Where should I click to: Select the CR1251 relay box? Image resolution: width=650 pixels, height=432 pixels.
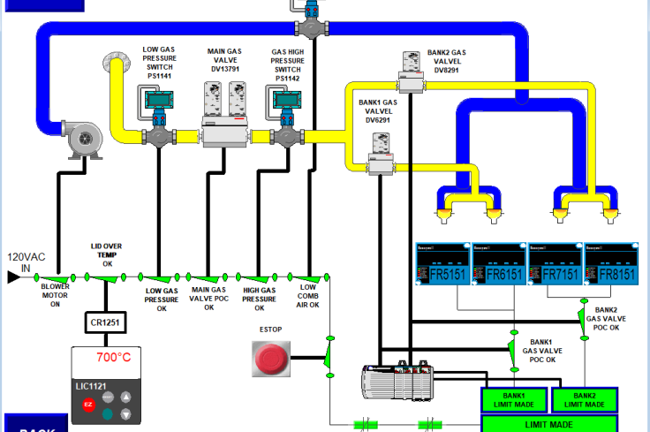coord(106,323)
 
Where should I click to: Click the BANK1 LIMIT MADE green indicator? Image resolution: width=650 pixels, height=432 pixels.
coord(514,400)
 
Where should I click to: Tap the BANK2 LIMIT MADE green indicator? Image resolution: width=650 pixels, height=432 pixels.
coord(584,400)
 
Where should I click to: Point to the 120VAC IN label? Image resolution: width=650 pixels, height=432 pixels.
coord(26,261)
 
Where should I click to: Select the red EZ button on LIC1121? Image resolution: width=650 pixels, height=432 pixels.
coord(88,404)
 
